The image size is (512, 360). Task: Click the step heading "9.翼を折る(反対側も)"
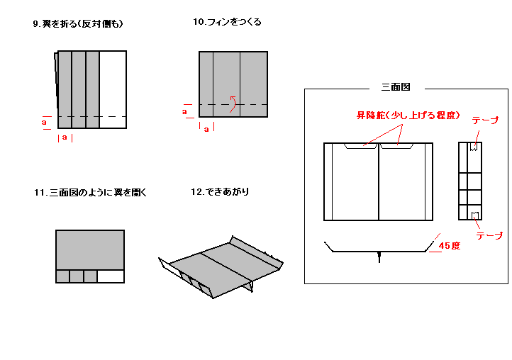(x=78, y=24)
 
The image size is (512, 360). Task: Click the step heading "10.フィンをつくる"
(x=227, y=22)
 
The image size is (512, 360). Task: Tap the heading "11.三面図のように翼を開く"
(x=89, y=193)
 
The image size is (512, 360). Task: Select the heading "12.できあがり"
(x=220, y=192)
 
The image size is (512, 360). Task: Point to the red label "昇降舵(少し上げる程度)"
(x=408, y=115)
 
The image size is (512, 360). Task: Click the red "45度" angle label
(x=450, y=246)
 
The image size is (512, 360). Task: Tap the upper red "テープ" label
(x=485, y=121)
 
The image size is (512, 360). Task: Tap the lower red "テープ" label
(x=489, y=236)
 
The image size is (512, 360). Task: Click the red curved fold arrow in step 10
(x=232, y=104)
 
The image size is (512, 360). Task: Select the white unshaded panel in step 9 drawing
(x=113, y=89)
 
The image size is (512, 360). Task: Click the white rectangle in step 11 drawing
(x=111, y=276)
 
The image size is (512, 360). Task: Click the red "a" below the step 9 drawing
(x=65, y=137)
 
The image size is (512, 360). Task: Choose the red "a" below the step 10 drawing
(x=206, y=129)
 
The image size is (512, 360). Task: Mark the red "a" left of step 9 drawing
(x=45, y=122)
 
